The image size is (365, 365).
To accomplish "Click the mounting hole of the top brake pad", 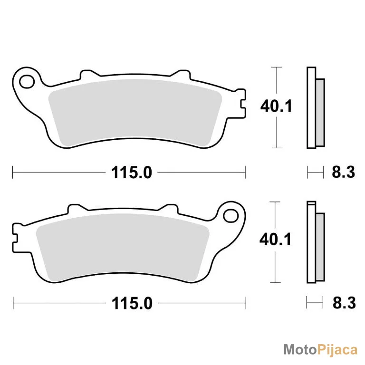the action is [x=27, y=82].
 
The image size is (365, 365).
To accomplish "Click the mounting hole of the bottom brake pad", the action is [x=231, y=216].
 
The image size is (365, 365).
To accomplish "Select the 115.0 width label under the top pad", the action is [x=132, y=173].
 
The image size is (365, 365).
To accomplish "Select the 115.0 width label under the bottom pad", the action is [x=132, y=303].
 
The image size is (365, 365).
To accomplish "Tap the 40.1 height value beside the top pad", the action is [x=276, y=106].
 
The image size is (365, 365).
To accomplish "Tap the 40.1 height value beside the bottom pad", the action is [x=275, y=240].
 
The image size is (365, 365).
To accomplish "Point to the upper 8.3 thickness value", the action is [x=343, y=172].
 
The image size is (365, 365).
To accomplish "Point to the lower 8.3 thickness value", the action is [x=344, y=303].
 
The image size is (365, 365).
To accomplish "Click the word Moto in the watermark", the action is [x=300, y=350].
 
